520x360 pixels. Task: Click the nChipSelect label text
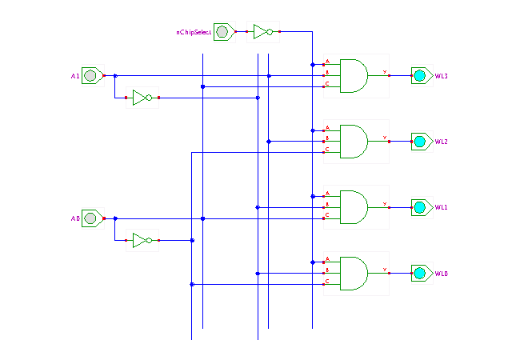[194, 33]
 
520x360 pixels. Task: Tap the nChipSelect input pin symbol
[223, 32]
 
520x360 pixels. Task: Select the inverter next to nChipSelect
[262, 32]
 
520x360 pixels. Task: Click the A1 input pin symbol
[91, 76]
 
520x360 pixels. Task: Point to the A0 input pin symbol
[91, 218]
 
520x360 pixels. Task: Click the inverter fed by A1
[142, 98]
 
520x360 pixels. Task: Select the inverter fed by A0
[142, 240]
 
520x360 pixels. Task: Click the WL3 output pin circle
[419, 75]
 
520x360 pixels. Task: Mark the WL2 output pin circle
[419, 141]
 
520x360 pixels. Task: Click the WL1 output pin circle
[419, 206]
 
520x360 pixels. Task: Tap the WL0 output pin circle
[419, 273]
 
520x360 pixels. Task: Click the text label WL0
[442, 274]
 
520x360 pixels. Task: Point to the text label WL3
[442, 76]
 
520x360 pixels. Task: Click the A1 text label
[75, 77]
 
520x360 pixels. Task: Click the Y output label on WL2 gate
[385, 137]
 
